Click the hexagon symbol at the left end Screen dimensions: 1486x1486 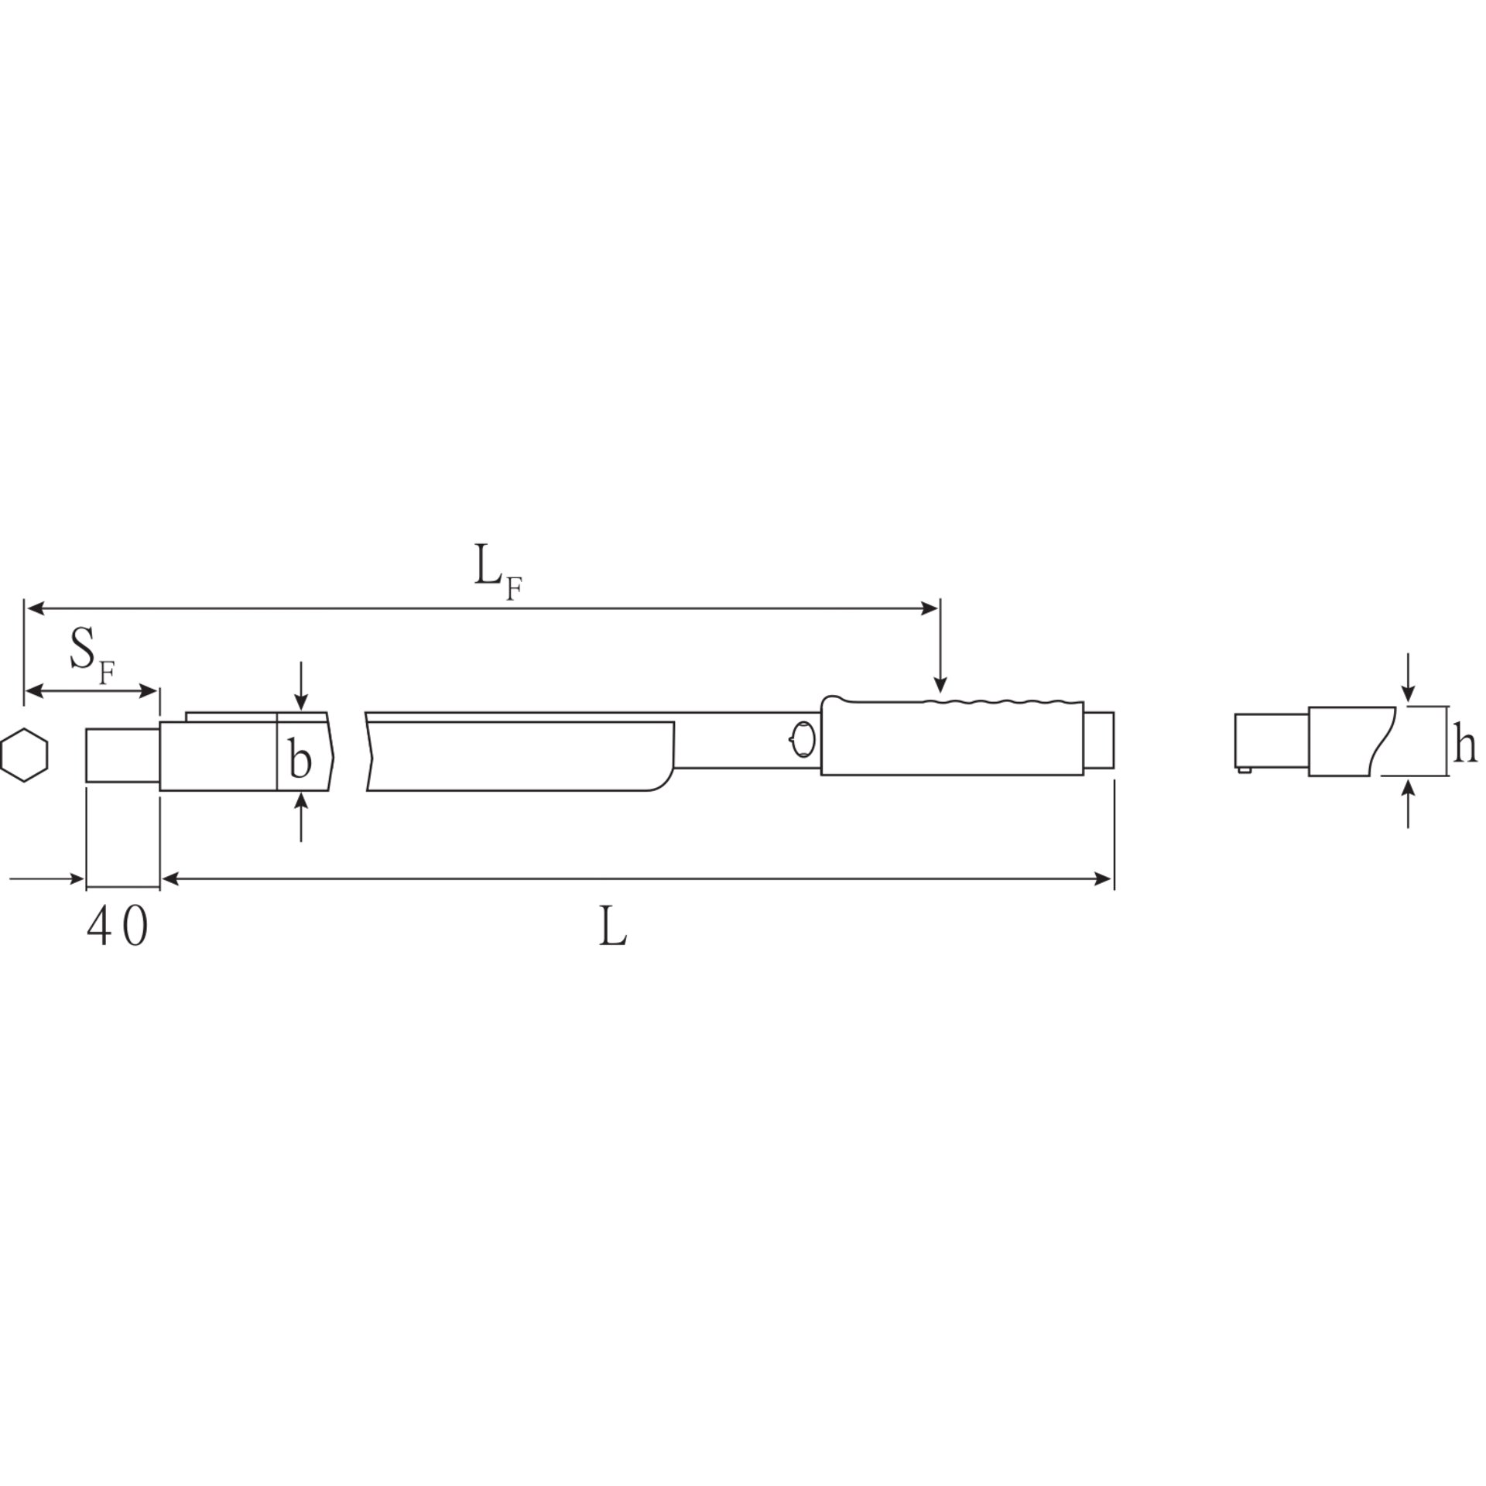[x=25, y=755]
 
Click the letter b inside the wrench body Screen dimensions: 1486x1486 [x=300, y=758]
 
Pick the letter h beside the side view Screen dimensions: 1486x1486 [x=1464, y=743]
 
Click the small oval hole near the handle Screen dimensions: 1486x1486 [x=803, y=740]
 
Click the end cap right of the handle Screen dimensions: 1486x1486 [x=1099, y=740]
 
